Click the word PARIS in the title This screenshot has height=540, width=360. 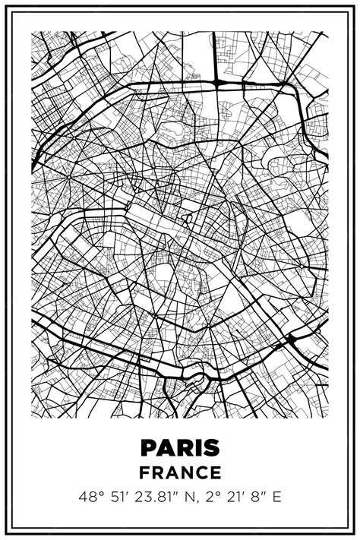(x=180, y=448)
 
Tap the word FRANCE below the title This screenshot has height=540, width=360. (x=180, y=472)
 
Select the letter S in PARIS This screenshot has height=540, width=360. (x=211, y=448)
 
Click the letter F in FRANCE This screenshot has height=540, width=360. (x=144, y=472)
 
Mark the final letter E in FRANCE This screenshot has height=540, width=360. (x=216, y=472)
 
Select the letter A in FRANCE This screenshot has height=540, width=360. (x=172, y=472)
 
